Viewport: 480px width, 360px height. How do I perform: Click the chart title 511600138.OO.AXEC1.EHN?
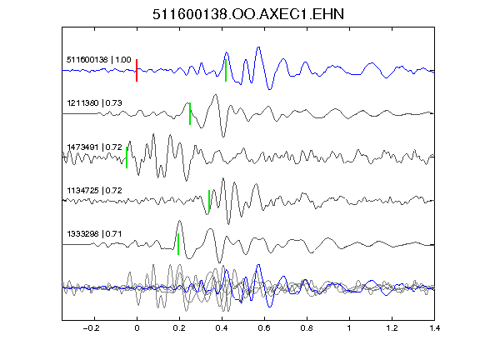tap(248, 14)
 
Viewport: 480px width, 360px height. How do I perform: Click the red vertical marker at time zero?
tap(137, 70)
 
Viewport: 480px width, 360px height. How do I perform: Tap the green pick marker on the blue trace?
tap(226, 70)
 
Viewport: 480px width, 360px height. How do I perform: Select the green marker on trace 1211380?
tap(190, 113)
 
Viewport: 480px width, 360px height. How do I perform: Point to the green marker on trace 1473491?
tap(127, 157)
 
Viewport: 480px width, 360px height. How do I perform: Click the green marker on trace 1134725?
tap(209, 201)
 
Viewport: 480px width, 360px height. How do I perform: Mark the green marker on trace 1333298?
tap(178, 244)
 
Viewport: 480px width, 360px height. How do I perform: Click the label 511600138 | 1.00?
tap(99, 59)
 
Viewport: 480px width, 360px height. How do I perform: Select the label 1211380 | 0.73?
tap(95, 102)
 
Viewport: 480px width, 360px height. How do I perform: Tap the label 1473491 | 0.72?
tap(95, 147)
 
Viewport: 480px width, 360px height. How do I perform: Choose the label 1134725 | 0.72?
tap(95, 190)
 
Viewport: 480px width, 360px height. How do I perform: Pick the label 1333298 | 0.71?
tap(95, 234)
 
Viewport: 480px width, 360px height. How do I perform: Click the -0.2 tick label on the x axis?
tap(91, 328)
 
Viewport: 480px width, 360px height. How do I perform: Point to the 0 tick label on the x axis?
tap(137, 328)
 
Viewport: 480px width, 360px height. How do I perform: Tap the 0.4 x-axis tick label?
tap(222, 328)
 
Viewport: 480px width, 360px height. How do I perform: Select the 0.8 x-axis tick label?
tap(307, 328)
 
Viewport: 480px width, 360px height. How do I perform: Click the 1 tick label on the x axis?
tap(349, 328)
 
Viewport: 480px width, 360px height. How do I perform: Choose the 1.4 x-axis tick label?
tap(434, 328)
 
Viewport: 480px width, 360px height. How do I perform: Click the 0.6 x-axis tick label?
tap(264, 328)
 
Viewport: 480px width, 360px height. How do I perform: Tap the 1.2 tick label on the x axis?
tap(392, 328)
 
